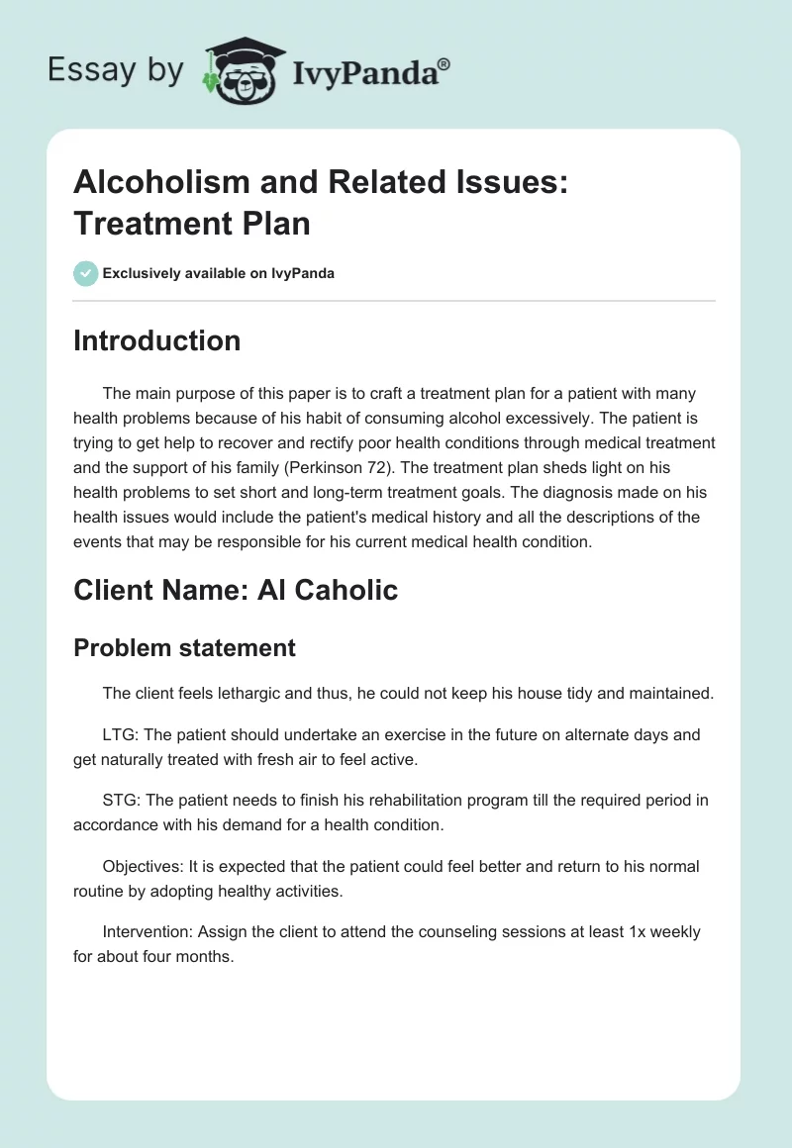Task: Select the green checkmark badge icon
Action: click(x=86, y=273)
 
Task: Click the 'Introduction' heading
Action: click(x=156, y=340)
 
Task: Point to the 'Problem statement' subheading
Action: click(x=184, y=647)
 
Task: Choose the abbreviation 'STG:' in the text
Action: click(x=121, y=801)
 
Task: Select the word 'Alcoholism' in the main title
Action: click(x=163, y=183)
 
